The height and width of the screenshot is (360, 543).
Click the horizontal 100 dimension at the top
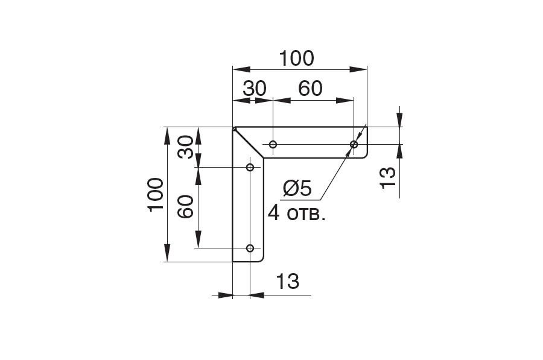(296, 59)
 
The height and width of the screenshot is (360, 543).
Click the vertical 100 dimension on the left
(156, 194)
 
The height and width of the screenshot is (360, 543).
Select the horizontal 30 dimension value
(254, 89)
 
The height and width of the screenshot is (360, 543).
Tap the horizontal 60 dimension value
(310, 89)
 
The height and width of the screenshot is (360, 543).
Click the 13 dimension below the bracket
(287, 282)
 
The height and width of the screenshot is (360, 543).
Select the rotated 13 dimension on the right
(389, 176)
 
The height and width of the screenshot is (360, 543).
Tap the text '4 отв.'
(296, 213)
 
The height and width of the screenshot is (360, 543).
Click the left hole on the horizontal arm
(273, 144)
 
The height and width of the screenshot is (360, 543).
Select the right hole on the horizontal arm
(354, 144)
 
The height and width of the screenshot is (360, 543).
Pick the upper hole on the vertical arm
(250, 167)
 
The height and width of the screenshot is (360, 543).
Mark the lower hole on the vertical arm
(250, 248)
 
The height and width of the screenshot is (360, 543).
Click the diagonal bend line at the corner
(248, 142)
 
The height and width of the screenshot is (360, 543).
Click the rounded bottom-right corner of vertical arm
(261, 259)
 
